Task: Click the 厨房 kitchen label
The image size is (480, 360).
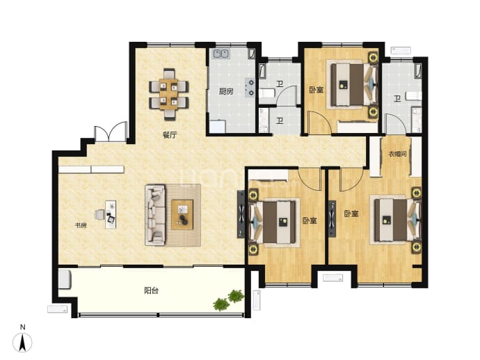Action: coord(226,91)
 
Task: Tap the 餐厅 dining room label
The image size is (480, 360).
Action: coord(170,135)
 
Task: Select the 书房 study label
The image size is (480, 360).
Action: coord(81,226)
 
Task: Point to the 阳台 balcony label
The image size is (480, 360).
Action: coord(151,290)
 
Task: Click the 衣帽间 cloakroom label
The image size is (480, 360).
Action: coord(397,154)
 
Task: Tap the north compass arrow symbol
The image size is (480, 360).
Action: coord(22,342)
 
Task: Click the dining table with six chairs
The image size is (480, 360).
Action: coord(168,95)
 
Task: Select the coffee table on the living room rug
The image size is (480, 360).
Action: coord(182,214)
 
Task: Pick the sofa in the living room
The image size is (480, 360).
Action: coord(155,214)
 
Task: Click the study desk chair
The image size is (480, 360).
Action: coord(100,214)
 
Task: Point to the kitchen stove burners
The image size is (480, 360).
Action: coord(250,87)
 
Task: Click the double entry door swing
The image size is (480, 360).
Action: coord(110,131)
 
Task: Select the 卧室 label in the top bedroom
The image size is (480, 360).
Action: coord(316,90)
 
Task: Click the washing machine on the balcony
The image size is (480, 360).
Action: coord(65,279)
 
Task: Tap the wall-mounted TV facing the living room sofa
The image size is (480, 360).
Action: coord(241,214)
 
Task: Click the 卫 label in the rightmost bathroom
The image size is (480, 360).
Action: coord(397,99)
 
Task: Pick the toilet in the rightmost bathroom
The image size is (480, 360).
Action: coord(414,96)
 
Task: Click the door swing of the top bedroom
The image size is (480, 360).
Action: coord(319,123)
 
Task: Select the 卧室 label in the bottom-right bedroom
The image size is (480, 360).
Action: coord(351,214)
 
